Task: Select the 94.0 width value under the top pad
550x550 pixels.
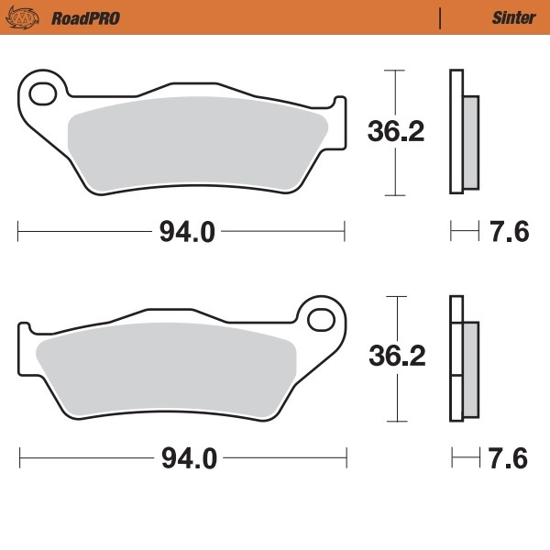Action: (x=187, y=232)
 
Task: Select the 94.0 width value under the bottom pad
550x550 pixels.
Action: (x=187, y=458)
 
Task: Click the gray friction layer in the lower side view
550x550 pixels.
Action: (x=470, y=367)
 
